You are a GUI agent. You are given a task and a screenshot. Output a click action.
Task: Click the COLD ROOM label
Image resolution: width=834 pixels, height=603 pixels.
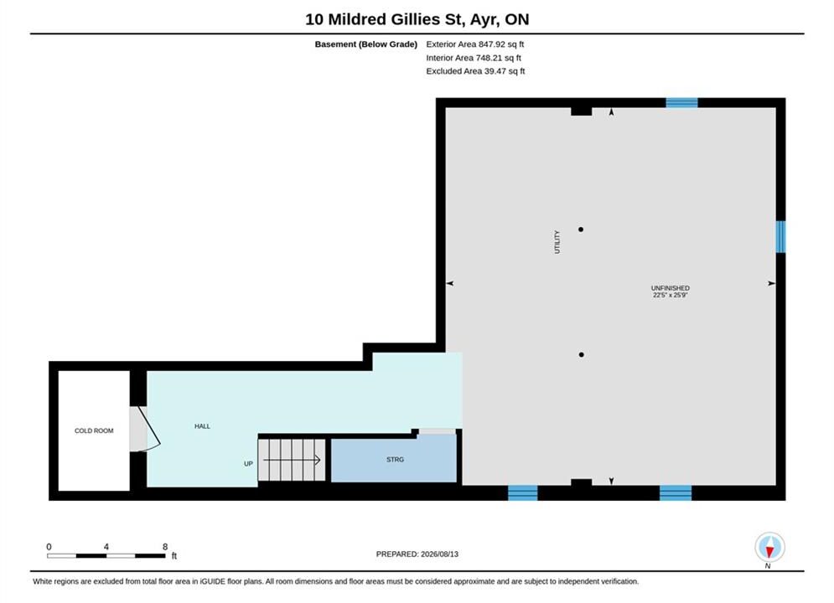(x=94, y=430)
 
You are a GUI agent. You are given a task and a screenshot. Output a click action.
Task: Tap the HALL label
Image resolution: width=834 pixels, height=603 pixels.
(x=202, y=426)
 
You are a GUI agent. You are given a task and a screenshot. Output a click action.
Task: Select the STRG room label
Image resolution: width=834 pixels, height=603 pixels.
(x=395, y=460)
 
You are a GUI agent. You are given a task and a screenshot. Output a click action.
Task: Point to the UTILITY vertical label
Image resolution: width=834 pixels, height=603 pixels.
(x=557, y=242)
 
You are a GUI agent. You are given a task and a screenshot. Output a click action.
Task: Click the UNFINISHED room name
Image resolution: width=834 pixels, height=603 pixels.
(x=671, y=288)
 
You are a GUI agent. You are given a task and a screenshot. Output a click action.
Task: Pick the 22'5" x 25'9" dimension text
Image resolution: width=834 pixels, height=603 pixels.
(x=671, y=295)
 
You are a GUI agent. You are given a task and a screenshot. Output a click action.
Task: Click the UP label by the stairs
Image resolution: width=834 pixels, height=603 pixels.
(x=248, y=464)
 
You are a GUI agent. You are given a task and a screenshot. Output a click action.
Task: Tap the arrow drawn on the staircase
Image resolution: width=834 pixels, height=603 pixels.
(x=292, y=460)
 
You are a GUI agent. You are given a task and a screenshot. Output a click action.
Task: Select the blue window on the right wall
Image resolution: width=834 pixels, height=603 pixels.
(x=781, y=237)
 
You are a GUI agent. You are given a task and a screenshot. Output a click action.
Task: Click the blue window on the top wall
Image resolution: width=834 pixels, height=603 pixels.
(x=682, y=103)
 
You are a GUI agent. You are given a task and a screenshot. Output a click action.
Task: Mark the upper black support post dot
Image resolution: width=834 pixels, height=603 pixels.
(x=581, y=229)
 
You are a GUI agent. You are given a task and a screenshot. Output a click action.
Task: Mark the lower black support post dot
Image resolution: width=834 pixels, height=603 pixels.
(x=582, y=354)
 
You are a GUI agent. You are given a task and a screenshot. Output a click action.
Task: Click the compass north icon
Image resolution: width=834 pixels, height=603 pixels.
(x=769, y=547)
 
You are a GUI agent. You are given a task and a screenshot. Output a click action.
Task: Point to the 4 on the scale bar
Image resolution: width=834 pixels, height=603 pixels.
(x=106, y=547)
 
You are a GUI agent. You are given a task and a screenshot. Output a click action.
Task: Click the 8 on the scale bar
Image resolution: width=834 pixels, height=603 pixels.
(x=165, y=547)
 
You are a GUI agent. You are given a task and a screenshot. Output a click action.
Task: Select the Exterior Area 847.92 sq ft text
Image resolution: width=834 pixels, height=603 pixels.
(x=475, y=44)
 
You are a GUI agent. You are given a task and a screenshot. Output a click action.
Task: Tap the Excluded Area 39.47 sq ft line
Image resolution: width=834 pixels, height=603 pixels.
(x=475, y=70)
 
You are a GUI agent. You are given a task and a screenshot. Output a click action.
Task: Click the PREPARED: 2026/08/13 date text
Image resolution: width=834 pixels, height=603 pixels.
(x=417, y=554)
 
